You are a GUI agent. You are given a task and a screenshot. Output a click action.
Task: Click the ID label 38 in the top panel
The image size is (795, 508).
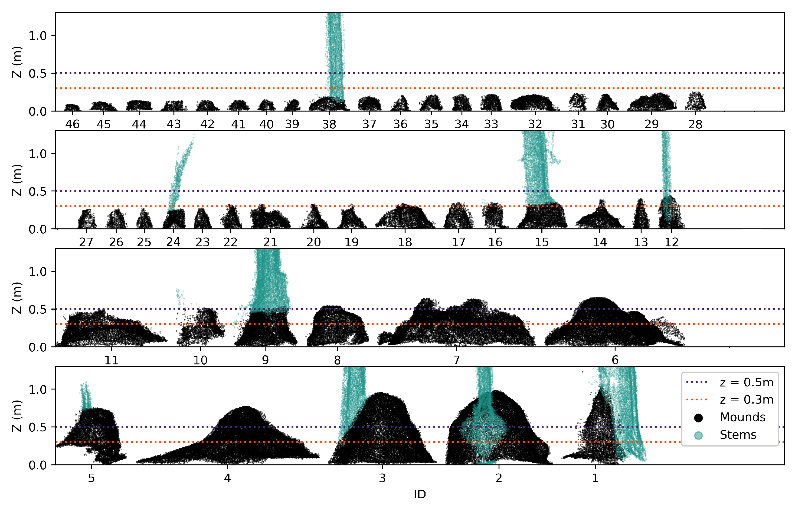pyautogui.click(x=329, y=124)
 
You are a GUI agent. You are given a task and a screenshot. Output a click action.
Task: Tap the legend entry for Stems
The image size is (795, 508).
pyautogui.click(x=738, y=435)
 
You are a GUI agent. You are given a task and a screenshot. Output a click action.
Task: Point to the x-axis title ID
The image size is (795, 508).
pyautogui.click(x=420, y=494)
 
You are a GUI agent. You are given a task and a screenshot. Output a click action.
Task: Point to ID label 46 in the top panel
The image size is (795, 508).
pyautogui.click(x=72, y=124)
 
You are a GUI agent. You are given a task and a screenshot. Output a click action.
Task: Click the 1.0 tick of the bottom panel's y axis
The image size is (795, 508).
pyautogui.click(x=37, y=389)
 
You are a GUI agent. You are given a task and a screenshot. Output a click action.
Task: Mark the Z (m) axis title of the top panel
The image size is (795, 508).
pyautogui.click(x=17, y=62)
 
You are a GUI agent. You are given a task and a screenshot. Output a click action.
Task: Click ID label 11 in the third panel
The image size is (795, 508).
pyautogui.click(x=111, y=360)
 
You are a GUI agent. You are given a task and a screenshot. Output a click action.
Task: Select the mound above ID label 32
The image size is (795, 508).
pyautogui.click(x=532, y=103)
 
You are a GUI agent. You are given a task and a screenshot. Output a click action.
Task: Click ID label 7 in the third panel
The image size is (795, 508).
pyautogui.click(x=456, y=360)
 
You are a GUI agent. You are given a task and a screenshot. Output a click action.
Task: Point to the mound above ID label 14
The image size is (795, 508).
pyautogui.click(x=599, y=218)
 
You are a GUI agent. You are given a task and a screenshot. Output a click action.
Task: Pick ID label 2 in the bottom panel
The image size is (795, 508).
pyautogui.click(x=498, y=478)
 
